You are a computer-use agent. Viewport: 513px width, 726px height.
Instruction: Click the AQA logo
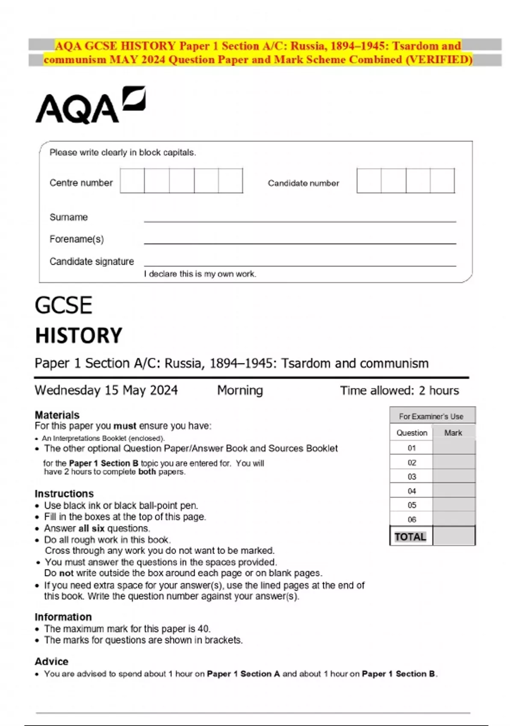[90, 105]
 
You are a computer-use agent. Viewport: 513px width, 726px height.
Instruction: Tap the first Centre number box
[132, 181]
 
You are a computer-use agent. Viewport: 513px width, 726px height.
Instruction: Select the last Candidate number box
[442, 181]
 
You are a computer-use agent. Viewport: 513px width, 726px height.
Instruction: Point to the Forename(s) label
[77, 239]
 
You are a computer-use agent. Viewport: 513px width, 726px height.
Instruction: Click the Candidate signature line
[300, 264]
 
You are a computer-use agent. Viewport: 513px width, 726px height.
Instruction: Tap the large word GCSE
[63, 306]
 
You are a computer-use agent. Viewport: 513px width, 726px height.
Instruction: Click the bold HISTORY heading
[79, 336]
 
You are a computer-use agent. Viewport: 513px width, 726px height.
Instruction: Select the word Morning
[240, 390]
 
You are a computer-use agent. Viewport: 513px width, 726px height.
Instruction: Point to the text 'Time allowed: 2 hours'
[399, 390]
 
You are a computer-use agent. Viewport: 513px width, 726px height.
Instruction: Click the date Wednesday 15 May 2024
[106, 390]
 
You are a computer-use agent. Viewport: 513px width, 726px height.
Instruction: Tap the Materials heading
[57, 415]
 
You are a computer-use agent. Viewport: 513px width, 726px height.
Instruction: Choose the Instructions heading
[64, 494]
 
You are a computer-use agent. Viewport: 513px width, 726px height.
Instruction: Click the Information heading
[63, 617]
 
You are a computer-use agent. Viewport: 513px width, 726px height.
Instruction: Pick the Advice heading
[52, 662]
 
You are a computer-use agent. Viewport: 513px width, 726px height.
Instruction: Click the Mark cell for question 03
[454, 476]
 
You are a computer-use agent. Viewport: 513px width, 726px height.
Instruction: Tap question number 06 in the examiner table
[412, 519]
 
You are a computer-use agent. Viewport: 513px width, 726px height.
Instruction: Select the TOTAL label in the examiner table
[410, 537]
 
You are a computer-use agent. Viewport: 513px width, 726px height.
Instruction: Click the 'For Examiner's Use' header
[431, 416]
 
